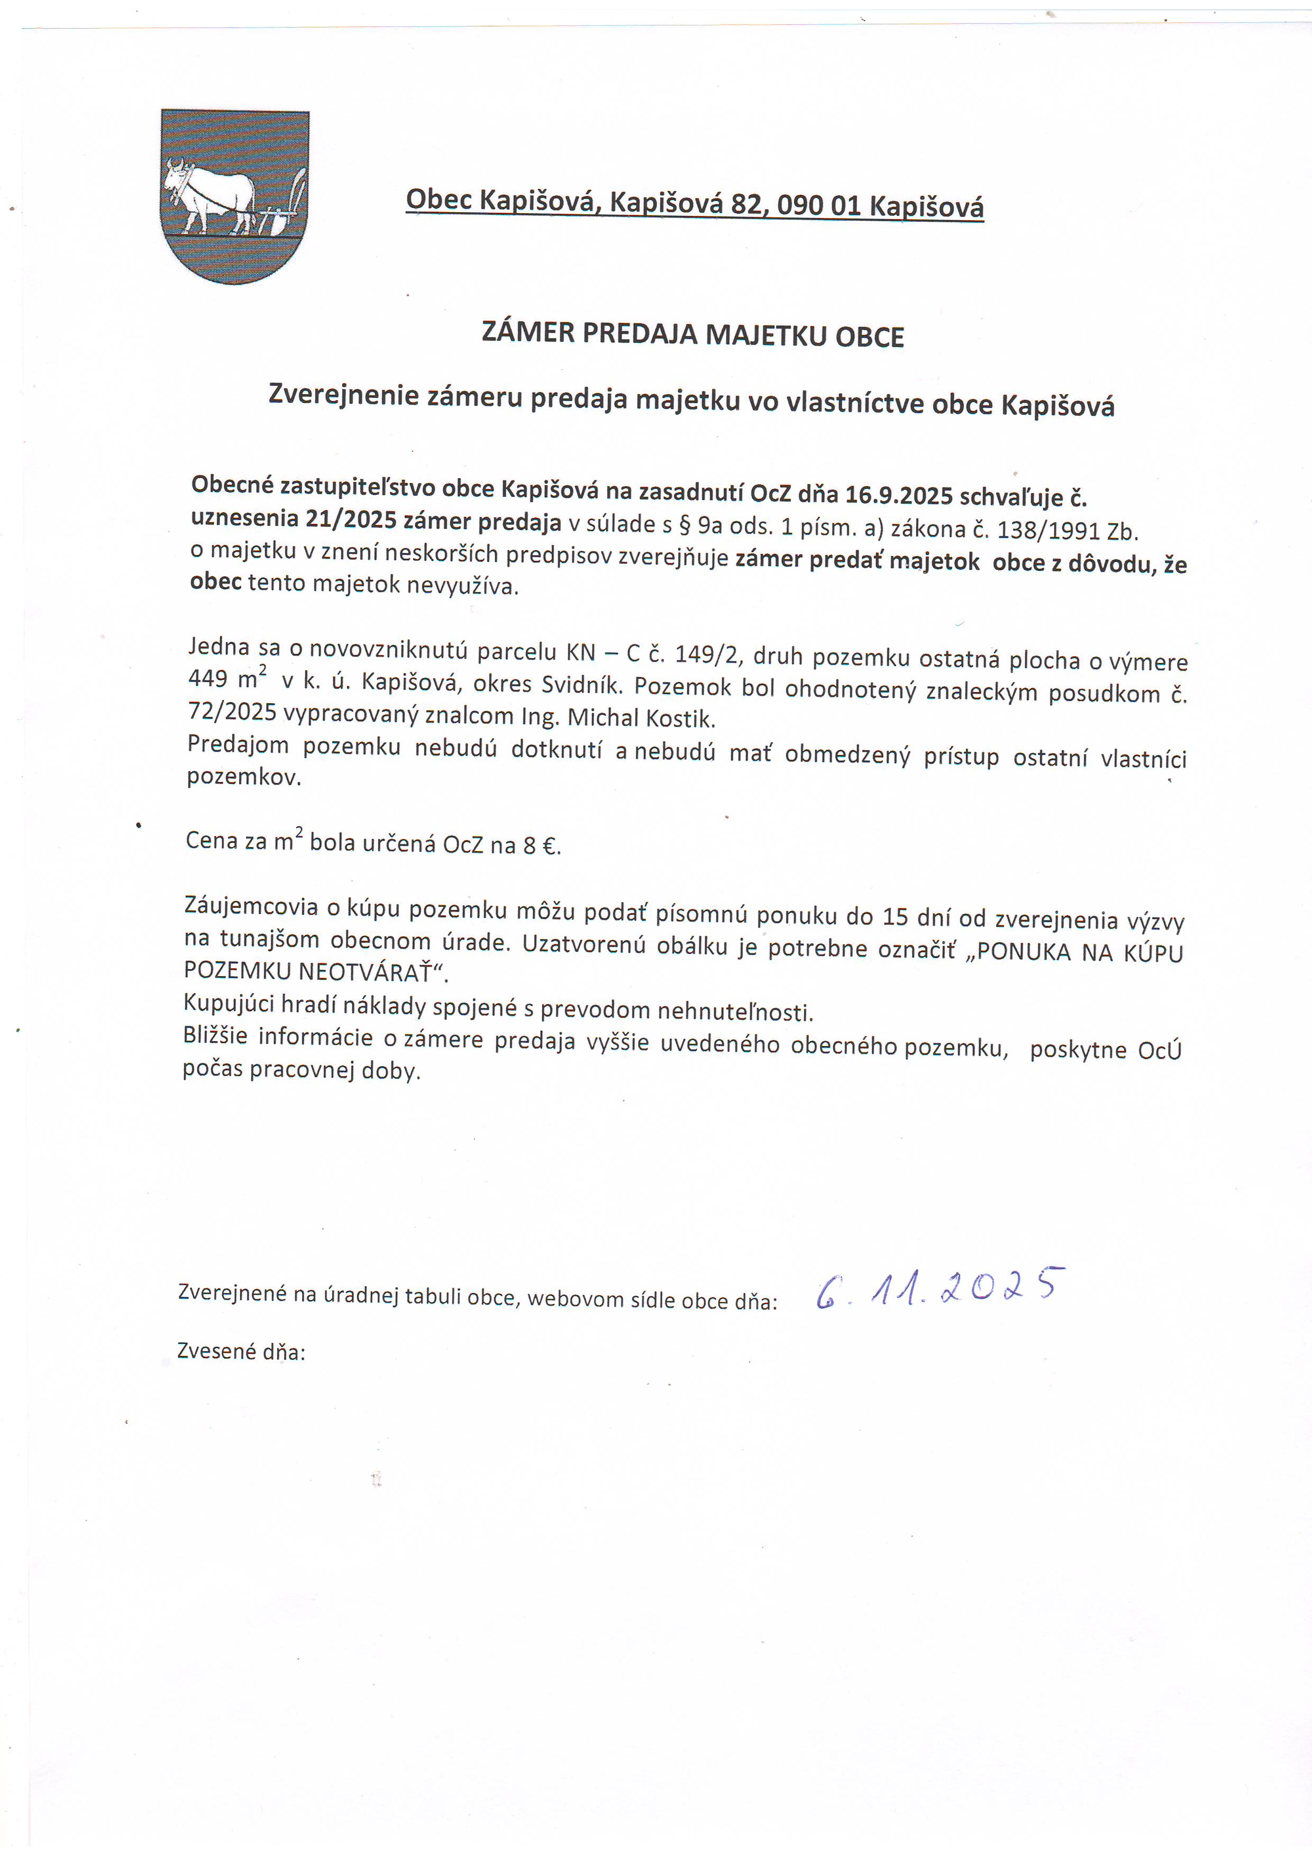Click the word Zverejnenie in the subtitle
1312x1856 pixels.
[343, 395]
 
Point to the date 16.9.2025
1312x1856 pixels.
[899, 494]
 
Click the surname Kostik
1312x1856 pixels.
[685, 718]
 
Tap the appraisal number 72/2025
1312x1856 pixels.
[232, 712]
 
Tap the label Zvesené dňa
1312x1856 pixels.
[241, 1352]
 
